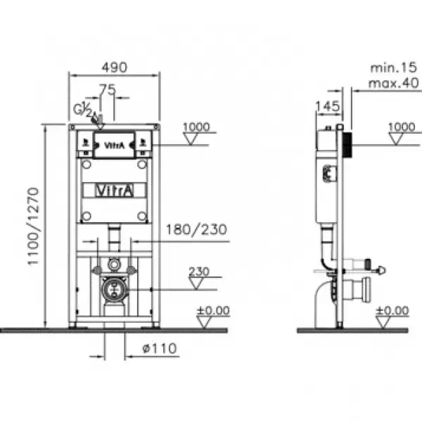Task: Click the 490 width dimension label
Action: [114, 68]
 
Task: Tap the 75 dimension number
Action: [108, 89]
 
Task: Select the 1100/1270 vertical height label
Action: [34, 226]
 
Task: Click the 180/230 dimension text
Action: [196, 229]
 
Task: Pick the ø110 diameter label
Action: [160, 349]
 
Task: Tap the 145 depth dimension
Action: [327, 106]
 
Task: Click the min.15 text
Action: [393, 68]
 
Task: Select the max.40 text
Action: [393, 83]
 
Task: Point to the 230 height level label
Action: [199, 271]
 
